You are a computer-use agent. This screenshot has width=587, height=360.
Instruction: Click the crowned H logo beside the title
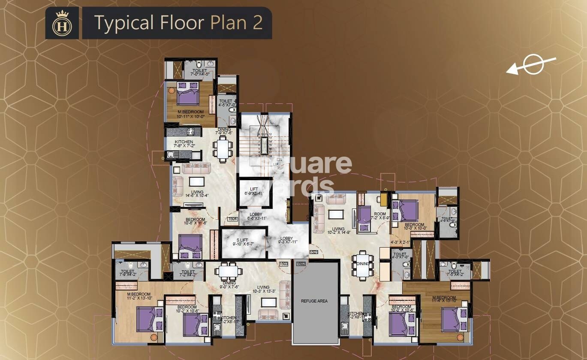coord(62,23)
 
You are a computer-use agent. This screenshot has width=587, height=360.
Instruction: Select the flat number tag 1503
coord(283,264)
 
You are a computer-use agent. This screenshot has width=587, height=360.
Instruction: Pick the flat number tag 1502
coord(301,264)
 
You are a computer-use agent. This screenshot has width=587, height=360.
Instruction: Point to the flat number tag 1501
coord(313,252)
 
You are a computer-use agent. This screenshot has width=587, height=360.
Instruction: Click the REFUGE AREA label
coord(314,301)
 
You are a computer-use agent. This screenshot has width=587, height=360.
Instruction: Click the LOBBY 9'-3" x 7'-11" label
coord(287,240)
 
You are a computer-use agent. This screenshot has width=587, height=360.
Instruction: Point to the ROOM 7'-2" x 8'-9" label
coord(380,216)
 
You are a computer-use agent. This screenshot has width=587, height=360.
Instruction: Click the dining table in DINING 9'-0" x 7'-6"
coord(228,271)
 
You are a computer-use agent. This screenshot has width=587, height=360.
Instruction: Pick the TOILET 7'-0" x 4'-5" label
coord(199,72)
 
